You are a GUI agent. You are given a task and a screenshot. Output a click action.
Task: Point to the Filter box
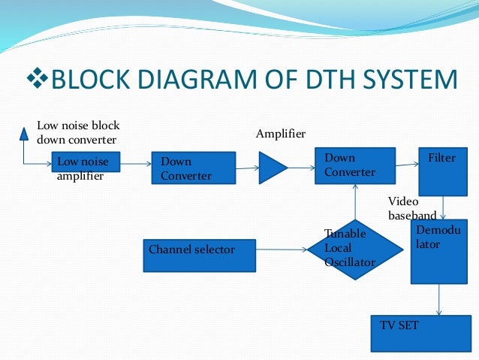point(443,171)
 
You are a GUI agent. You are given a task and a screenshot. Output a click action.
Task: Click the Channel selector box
point(199,255)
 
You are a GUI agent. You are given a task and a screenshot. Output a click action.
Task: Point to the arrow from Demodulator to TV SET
point(438,300)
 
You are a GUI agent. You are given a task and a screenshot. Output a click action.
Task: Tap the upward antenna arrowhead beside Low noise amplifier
point(24,134)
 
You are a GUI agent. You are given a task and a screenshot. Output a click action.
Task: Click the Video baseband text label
point(411,208)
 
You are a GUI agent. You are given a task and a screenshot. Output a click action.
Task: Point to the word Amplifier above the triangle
point(281,134)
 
